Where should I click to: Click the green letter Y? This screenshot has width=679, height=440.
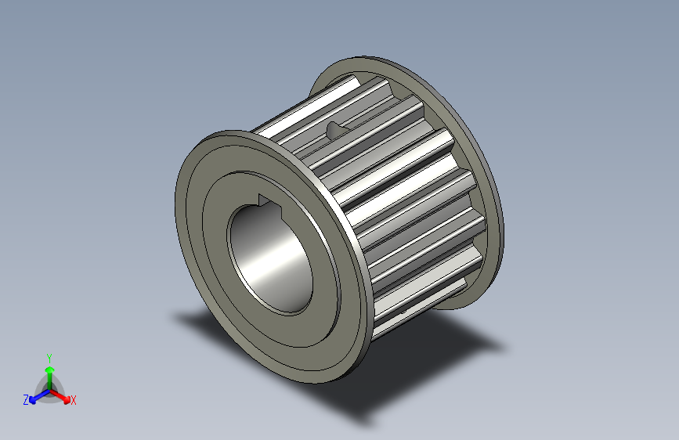click(49, 356)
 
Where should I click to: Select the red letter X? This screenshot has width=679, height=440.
click(74, 401)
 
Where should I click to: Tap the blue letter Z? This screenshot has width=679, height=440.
click(26, 399)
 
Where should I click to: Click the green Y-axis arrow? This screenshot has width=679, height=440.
click(49, 372)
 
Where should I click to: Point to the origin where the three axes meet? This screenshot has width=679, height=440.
click(49, 388)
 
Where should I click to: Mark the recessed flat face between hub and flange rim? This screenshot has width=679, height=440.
click(205, 235)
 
